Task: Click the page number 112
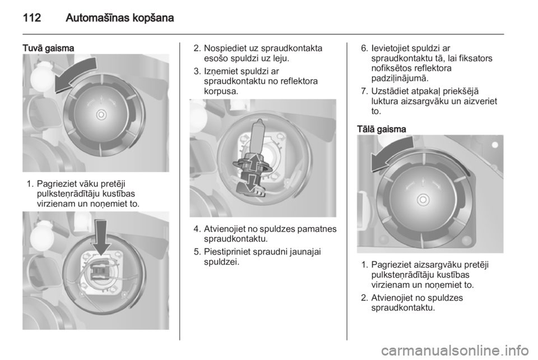[x=32, y=17]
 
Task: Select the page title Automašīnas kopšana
[x=120, y=18]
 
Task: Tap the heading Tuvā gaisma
[x=48, y=48]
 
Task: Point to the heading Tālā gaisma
[x=382, y=129]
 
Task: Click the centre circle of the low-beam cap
[x=101, y=114]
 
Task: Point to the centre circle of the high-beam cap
[x=423, y=200]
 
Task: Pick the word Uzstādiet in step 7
[x=390, y=91]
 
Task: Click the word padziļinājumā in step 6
[x=400, y=79]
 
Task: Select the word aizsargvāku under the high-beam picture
[x=434, y=265]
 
